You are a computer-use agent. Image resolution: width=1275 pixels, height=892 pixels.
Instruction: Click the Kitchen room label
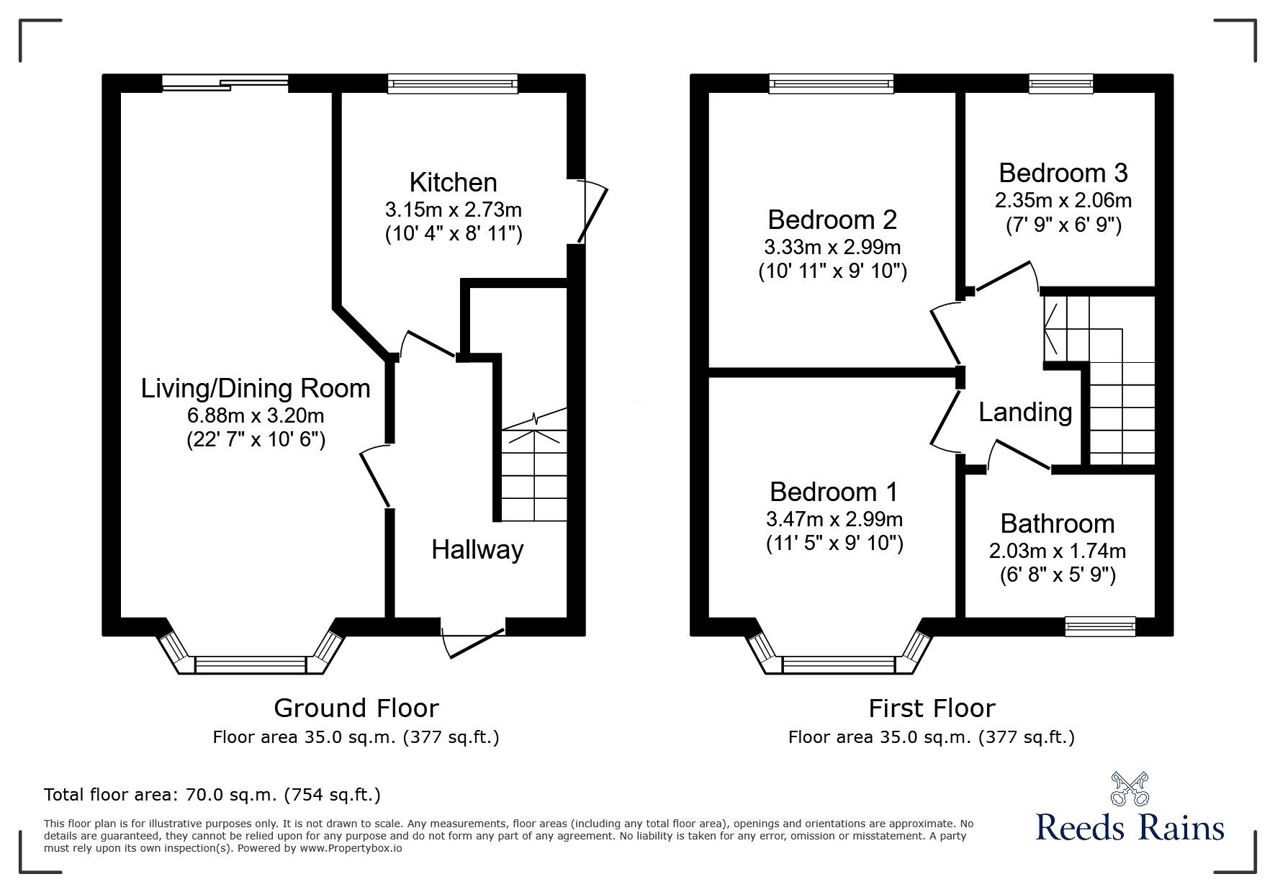(x=453, y=182)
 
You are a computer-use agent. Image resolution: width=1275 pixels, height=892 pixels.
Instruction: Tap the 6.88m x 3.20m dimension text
(x=256, y=415)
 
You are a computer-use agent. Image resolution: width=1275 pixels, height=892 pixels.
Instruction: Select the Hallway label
(x=477, y=550)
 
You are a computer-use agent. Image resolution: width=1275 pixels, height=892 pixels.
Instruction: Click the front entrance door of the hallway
(x=472, y=636)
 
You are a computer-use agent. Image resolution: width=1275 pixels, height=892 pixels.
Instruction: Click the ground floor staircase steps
(x=533, y=475)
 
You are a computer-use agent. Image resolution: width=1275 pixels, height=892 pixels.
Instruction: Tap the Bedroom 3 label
(x=1063, y=174)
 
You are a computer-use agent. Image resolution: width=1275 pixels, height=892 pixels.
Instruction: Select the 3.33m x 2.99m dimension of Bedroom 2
(x=832, y=248)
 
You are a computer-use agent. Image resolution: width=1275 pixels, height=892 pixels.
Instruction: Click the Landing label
(x=1024, y=413)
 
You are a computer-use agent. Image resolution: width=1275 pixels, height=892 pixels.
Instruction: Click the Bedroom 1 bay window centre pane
(x=839, y=664)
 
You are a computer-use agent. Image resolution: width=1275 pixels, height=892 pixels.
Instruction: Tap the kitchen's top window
(x=452, y=84)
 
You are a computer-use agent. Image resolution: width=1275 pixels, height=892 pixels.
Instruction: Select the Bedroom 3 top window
(x=1060, y=84)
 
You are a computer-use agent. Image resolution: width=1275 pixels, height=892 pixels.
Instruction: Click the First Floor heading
(x=931, y=708)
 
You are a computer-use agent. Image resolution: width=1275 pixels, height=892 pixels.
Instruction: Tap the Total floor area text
(x=212, y=795)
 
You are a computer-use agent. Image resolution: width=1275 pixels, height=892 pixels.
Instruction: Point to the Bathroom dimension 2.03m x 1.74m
(x=1057, y=551)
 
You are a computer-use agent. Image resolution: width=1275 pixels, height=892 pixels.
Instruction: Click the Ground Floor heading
(x=356, y=708)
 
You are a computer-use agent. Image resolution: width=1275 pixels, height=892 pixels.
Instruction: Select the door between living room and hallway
(x=376, y=475)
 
